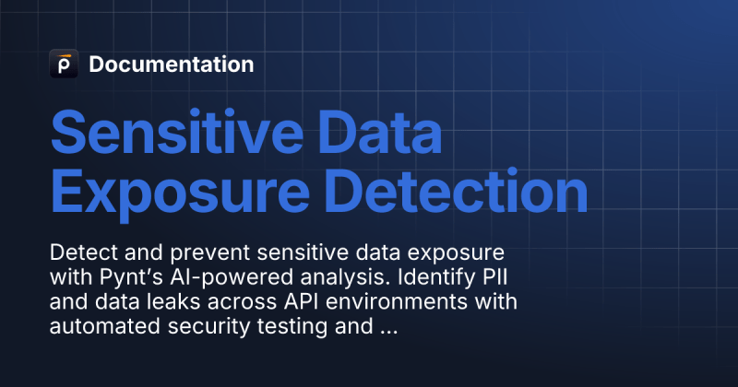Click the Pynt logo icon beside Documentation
64,64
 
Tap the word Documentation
171,64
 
